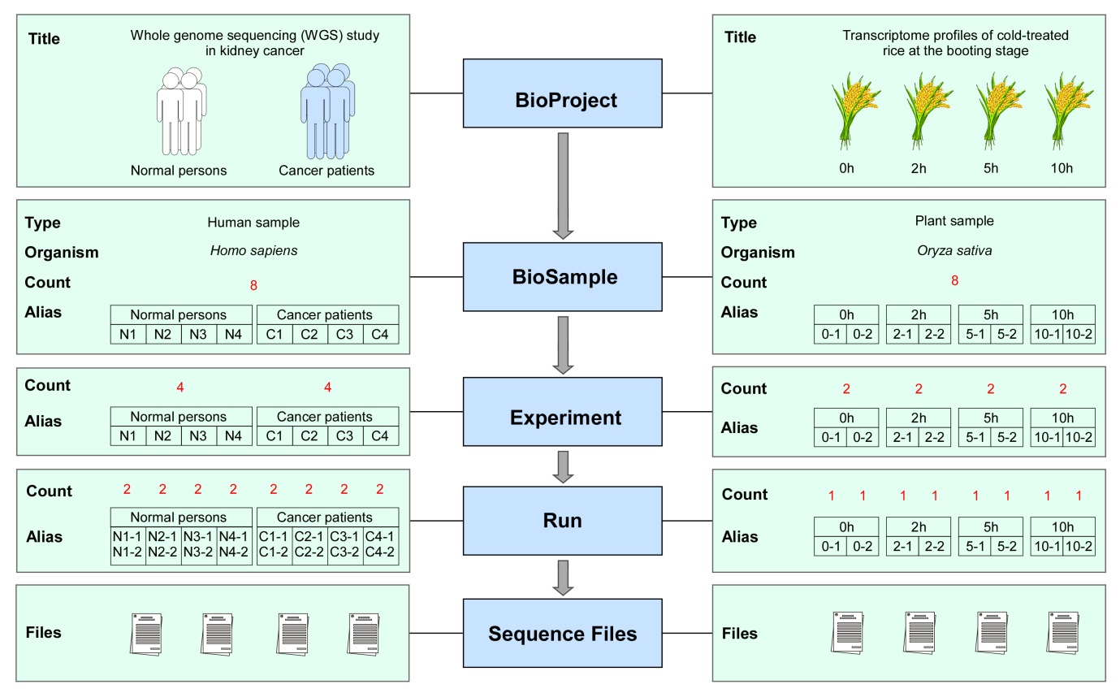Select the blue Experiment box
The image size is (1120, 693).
coord(566,418)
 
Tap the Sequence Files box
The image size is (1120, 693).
coord(566,633)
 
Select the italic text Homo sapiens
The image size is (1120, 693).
coord(253,250)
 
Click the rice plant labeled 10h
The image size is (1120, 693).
coord(1062,110)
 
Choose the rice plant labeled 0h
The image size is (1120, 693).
coord(848,110)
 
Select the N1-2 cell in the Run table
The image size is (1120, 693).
coord(128,552)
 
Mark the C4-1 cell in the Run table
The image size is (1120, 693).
coord(380,536)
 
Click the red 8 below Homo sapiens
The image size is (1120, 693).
coord(255,284)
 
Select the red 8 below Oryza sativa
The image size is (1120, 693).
coord(954,281)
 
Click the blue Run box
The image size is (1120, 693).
coord(566,520)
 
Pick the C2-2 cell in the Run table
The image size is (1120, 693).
coord(309,552)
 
